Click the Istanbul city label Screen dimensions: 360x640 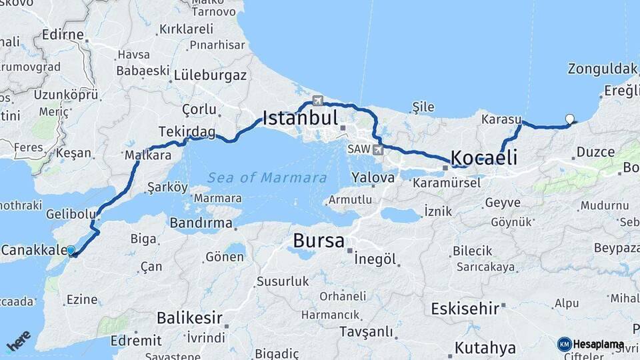pyautogui.click(x=301, y=119)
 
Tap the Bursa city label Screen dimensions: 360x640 pyautogui.click(x=319, y=241)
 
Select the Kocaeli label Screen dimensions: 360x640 pyautogui.click(x=484, y=158)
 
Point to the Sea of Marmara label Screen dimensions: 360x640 pyautogui.click(x=267, y=178)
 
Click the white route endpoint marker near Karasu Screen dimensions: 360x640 pyautogui.click(x=569, y=119)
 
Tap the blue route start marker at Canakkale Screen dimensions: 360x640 pyautogui.click(x=71, y=251)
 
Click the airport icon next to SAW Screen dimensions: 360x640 pyautogui.click(x=378, y=149)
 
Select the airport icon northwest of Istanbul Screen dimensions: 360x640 pyautogui.click(x=317, y=101)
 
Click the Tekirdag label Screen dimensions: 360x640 pyautogui.click(x=187, y=131)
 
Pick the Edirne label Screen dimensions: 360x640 pyautogui.click(x=63, y=35)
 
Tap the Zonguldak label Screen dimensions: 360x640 pyautogui.click(x=603, y=69)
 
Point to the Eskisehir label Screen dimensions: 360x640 pyautogui.click(x=465, y=309)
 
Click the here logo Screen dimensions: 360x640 pyautogui.click(x=19, y=341)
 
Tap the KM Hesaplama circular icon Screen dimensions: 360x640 pyautogui.click(x=565, y=345)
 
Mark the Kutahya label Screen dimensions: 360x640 pyautogui.click(x=485, y=348)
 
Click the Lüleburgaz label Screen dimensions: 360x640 pyautogui.click(x=210, y=75)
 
